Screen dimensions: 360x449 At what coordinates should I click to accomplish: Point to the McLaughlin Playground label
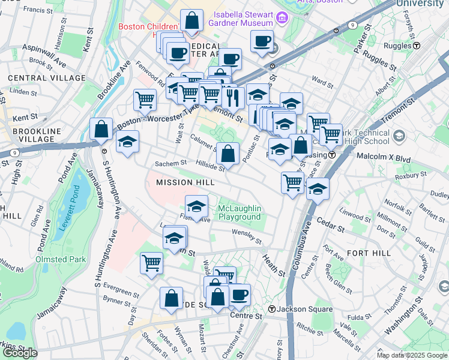point(240,211)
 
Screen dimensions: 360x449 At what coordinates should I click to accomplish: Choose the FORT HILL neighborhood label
point(369,253)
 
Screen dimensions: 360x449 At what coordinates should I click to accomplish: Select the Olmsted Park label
point(61,259)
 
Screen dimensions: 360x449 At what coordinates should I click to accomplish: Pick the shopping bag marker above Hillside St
point(228,154)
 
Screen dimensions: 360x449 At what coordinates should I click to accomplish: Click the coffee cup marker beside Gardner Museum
point(262,41)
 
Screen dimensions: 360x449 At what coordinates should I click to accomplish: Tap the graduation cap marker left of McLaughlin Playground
point(196,207)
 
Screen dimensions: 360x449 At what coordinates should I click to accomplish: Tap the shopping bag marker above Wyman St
point(172,298)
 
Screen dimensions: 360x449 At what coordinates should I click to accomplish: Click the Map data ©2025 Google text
point(412,355)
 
